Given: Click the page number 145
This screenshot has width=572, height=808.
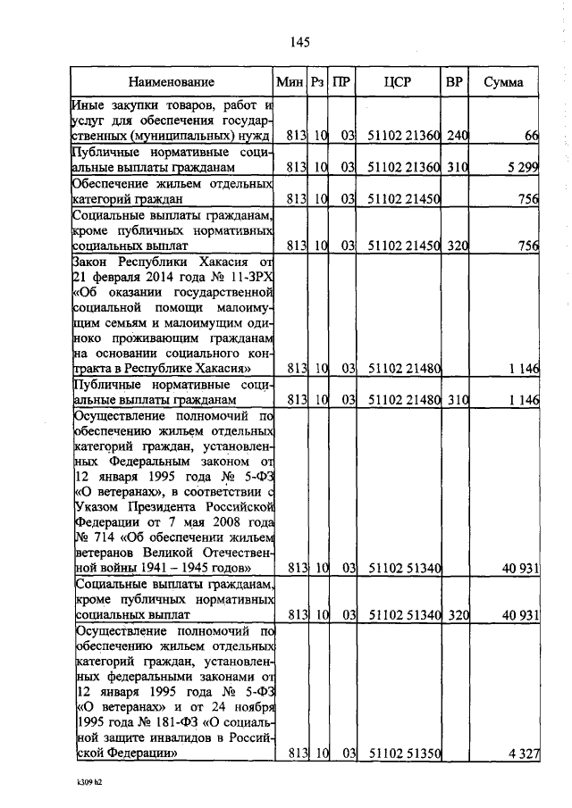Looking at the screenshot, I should click(299, 42).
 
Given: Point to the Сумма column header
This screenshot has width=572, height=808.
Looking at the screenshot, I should click(504, 83).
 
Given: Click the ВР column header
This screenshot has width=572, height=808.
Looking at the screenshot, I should click(454, 83).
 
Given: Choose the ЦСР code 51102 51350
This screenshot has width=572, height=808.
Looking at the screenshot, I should click(404, 754).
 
